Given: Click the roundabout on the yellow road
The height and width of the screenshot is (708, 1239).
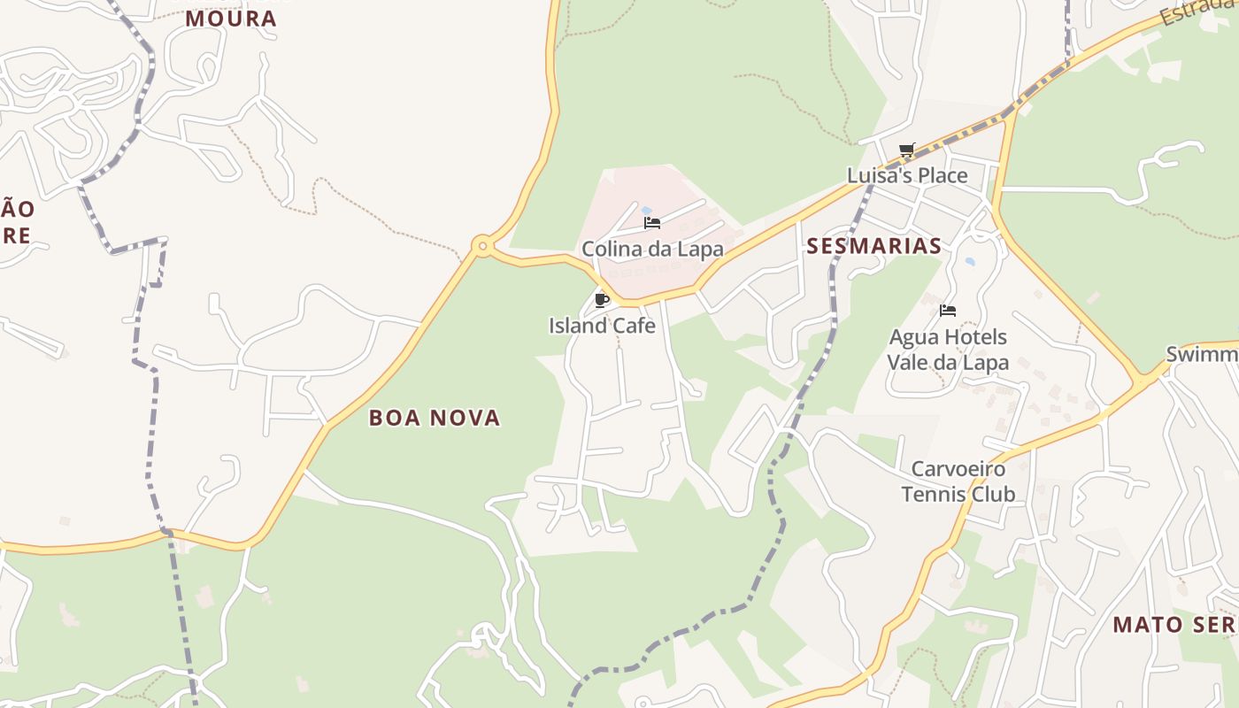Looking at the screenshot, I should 481,246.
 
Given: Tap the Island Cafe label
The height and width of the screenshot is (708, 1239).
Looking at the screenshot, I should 602,326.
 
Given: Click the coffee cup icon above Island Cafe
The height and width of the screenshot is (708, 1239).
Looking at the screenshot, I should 602,300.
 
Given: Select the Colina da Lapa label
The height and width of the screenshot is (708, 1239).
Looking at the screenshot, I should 652,250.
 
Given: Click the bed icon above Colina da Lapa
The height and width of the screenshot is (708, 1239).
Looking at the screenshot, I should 652,223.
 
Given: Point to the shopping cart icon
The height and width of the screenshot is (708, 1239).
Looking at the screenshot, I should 906,150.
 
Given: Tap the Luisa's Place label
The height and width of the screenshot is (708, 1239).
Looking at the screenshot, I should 907,175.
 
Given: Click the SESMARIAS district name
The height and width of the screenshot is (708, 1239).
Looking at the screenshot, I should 873,246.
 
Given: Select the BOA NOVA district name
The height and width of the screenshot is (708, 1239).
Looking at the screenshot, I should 435,418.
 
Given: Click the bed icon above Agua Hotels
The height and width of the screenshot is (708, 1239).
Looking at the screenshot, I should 948,311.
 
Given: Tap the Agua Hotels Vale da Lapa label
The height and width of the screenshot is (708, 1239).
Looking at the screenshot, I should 948,350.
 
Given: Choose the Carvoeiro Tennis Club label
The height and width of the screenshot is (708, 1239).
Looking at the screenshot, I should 958,481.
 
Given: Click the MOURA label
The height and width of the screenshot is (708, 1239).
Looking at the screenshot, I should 231,19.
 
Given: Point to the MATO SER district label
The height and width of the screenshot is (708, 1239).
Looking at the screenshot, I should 1174,625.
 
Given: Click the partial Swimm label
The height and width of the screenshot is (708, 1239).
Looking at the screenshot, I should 1202,355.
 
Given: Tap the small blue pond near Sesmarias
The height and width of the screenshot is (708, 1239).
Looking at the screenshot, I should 971,263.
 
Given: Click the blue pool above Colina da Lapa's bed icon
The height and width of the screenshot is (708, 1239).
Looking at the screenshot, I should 647,211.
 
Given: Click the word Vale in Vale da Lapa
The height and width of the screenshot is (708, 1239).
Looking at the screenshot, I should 912,362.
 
